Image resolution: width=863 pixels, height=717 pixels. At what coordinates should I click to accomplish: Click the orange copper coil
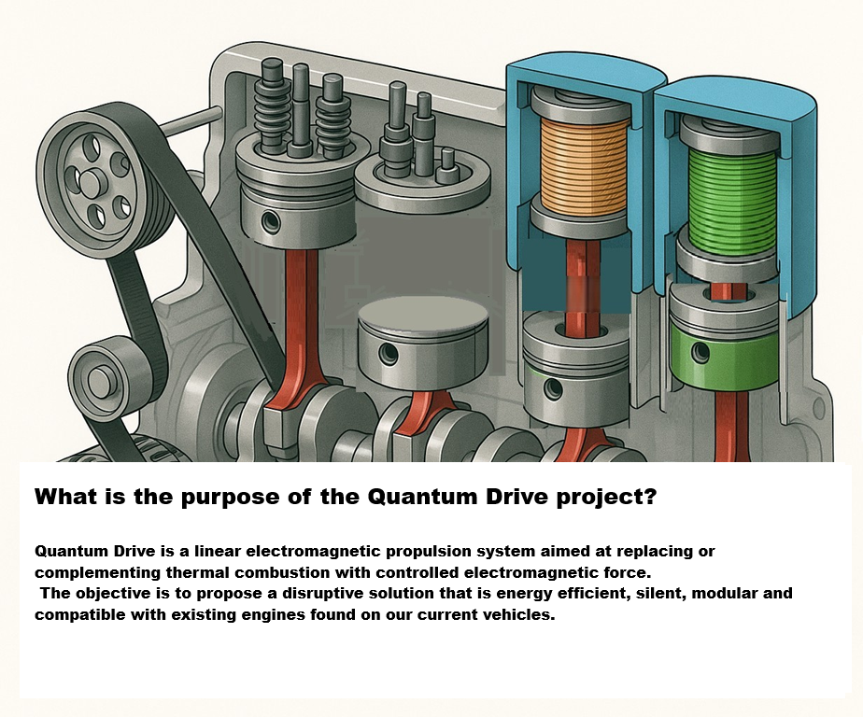pyautogui.click(x=585, y=165)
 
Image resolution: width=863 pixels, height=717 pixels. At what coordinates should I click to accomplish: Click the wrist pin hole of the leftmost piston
pyautogui.click(x=271, y=220)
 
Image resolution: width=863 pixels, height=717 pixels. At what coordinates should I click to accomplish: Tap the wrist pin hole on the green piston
pyautogui.click(x=700, y=351)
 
